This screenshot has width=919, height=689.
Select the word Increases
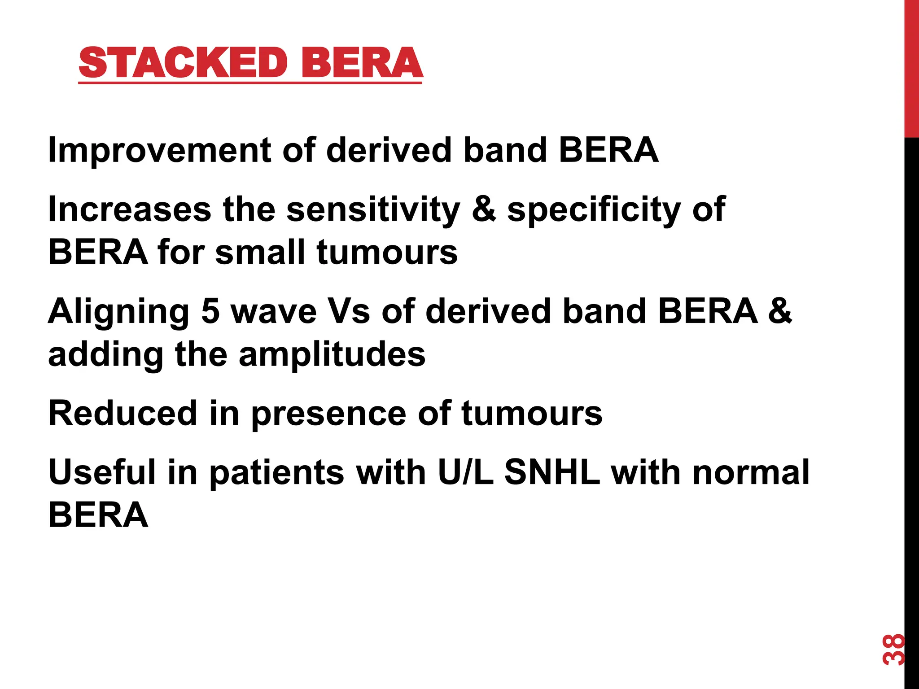click(x=129, y=209)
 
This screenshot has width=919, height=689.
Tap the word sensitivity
click(x=373, y=210)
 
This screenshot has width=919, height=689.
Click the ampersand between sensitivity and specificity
click(x=484, y=209)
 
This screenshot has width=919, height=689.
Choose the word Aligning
click(x=118, y=312)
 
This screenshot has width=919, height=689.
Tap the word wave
click(x=274, y=312)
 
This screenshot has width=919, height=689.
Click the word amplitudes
click(x=332, y=354)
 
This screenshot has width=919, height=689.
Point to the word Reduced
click(x=123, y=413)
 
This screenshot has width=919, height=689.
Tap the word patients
click(x=277, y=473)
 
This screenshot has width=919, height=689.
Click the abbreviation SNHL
click(x=552, y=472)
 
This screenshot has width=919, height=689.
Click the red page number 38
click(x=893, y=650)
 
